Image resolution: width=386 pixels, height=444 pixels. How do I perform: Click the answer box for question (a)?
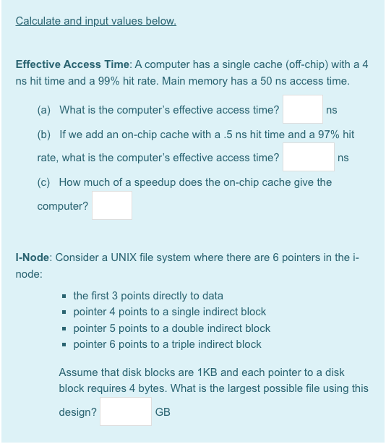303,110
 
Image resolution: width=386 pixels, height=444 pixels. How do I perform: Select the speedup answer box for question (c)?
112,205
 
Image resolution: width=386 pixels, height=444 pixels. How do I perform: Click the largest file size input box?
126,411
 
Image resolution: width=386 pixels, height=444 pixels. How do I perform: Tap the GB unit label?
163,412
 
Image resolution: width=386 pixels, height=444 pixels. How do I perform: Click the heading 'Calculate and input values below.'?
96,20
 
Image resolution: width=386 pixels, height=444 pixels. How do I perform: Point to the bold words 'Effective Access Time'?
69,64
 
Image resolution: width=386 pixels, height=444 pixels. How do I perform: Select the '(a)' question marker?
44,111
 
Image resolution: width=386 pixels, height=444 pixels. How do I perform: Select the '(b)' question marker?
44,135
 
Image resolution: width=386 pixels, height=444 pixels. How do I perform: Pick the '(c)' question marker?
44,182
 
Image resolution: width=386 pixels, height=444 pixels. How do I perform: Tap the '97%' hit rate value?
323,135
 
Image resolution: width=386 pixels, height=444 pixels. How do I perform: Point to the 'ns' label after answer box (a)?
332,111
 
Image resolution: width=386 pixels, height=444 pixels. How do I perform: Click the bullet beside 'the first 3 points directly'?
66,296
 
